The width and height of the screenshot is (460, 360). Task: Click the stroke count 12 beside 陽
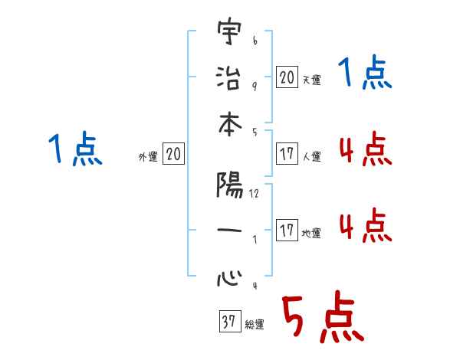tap(254, 194)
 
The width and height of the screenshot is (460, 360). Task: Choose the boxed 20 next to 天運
tap(287, 77)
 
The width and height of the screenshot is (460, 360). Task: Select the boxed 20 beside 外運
tap(173, 155)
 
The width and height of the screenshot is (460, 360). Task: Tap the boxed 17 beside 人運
tap(287, 154)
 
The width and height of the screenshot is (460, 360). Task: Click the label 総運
tap(255, 325)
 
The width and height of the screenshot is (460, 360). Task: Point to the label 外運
tap(147, 157)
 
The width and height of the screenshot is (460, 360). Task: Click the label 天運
tap(311, 80)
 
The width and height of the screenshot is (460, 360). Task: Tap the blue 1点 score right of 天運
tap(365, 74)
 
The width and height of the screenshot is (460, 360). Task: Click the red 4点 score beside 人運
tap(365, 149)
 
